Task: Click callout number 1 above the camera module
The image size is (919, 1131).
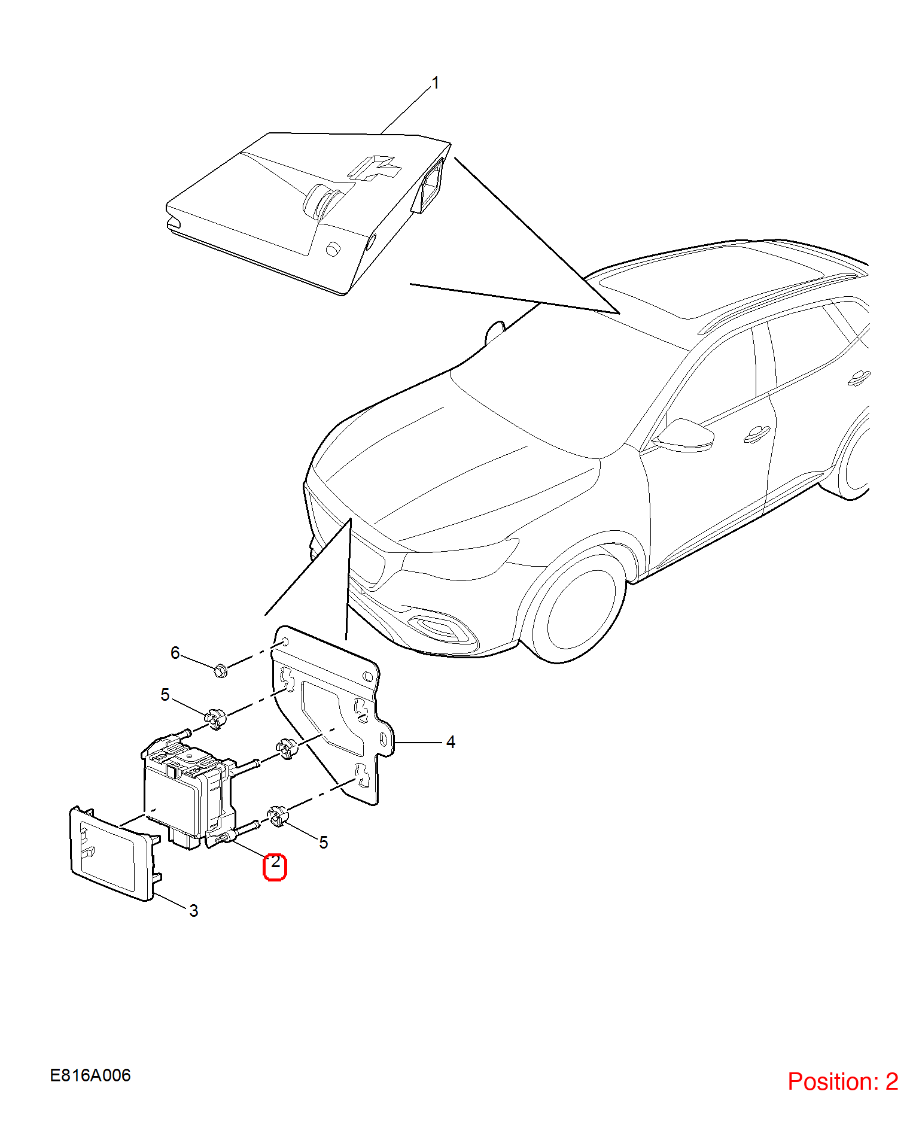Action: tap(436, 83)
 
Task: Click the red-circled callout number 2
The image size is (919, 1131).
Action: tap(275, 862)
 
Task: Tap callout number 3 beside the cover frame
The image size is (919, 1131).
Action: tap(194, 911)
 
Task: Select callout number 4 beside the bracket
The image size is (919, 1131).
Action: tap(451, 742)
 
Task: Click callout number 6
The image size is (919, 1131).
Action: tap(175, 653)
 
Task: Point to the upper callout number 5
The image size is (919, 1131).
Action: tap(165, 695)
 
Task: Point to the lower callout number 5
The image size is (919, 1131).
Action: tap(324, 843)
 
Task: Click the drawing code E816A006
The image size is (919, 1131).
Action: tap(90, 1075)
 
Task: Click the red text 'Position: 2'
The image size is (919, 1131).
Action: tap(843, 1081)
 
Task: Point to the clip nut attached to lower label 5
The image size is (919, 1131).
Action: tap(277, 817)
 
